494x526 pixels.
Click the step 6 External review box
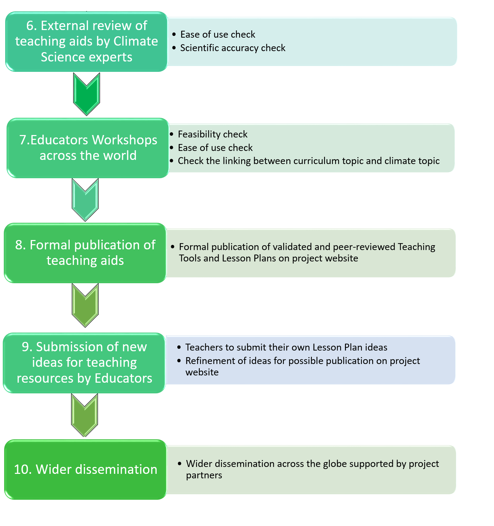coord(86,42)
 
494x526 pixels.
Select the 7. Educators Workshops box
coord(88,148)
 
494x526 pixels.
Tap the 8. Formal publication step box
coord(85,253)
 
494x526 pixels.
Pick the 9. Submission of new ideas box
coord(85,363)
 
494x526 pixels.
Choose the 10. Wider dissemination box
coord(86,469)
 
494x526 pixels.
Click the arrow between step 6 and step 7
coord(87,94)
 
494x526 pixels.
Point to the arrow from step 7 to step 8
coord(85,199)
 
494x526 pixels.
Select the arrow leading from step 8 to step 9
coord(85,305)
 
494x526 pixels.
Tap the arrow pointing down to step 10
coord(85,414)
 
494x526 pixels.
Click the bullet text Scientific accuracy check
coord(233,48)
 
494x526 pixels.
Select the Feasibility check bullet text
coord(213,134)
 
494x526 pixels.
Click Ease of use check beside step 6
coord(218,35)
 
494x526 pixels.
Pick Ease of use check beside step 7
coord(215,148)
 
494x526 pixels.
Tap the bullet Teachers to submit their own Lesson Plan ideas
coord(286,347)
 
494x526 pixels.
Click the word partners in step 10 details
coord(204,476)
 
